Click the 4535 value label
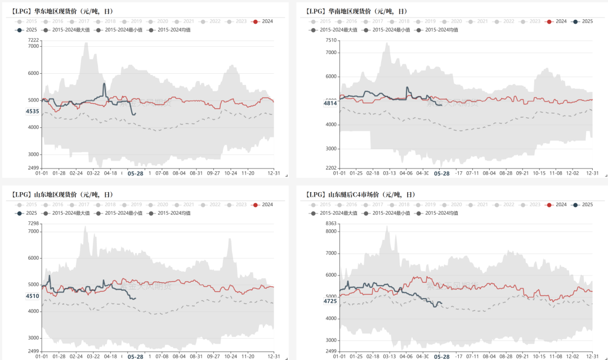(32, 112)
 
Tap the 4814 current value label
(330, 103)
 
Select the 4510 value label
(32, 296)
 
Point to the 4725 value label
(330, 301)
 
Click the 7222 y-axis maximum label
(33, 40)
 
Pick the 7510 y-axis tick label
(330, 40)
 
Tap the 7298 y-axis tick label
(33, 224)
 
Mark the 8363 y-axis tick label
(330, 224)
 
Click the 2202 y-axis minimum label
(330, 168)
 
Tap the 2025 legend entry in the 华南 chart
(583, 21)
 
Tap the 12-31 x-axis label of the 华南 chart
(592, 173)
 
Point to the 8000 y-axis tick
(330, 231)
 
